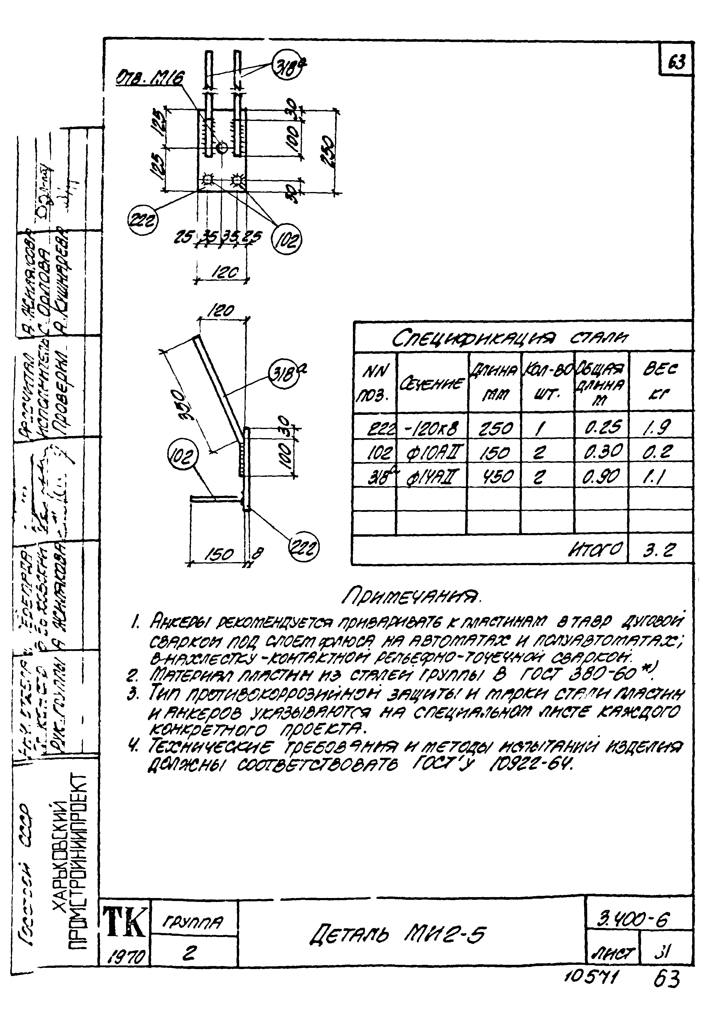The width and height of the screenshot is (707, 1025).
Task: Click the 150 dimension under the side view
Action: click(x=221, y=555)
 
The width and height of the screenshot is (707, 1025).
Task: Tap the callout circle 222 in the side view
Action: click(x=304, y=549)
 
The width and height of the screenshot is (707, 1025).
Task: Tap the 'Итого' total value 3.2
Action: click(x=659, y=551)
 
